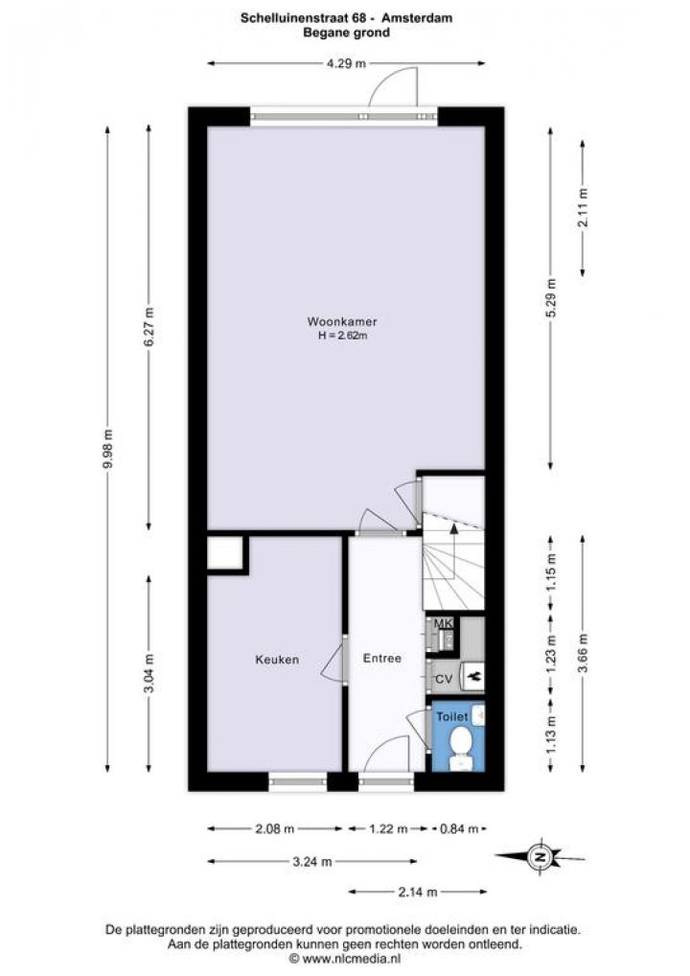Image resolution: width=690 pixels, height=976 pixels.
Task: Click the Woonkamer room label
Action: [x=341, y=322]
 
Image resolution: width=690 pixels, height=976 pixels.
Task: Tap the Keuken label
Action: [x=277, y=660]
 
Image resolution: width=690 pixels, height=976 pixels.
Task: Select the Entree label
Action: [x=382, y=658]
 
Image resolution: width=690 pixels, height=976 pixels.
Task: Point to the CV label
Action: [x=443, y=679]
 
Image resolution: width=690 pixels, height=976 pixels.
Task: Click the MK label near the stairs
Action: [x=443, y=624]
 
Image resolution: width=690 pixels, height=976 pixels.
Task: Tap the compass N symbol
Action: [x=540, y=857]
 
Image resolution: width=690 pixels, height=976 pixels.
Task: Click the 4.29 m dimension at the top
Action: [x=347, y=63]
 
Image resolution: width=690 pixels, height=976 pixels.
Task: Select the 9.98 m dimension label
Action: [x=108, y=449]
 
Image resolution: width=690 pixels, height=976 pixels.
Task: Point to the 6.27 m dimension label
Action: [x=149, y=327]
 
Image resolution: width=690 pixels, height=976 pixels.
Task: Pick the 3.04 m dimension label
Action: [x=149, y=673]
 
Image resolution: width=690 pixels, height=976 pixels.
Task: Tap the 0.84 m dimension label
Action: [x=459, y=828]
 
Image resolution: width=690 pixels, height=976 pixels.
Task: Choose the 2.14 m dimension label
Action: [x=418, y=892]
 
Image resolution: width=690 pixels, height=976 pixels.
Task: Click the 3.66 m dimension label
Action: [x=583, y=653]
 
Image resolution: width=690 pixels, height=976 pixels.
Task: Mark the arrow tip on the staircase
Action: [x=453, y=525]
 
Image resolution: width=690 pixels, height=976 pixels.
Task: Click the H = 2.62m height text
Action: [x=341, y=336]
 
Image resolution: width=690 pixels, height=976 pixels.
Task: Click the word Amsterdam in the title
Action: [x=417, y=18]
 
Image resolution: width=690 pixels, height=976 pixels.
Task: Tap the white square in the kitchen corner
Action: [x=224, y=553]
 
